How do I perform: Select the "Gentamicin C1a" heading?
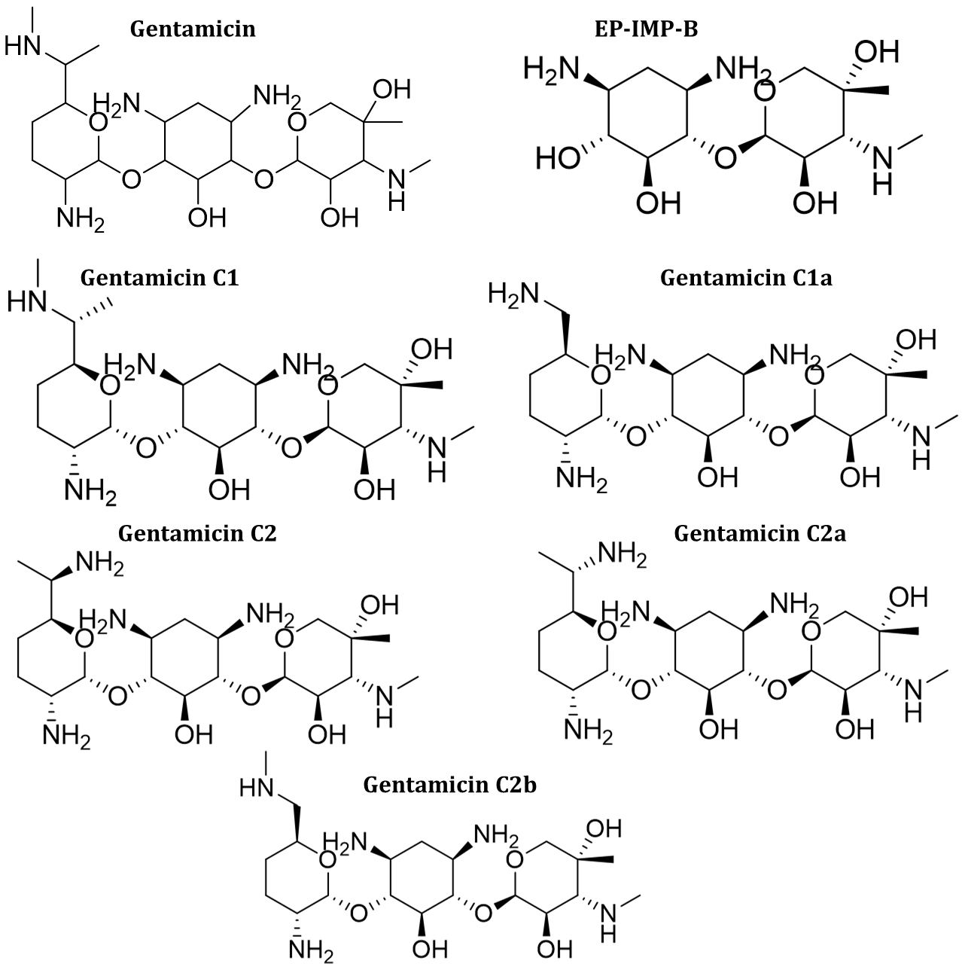point(745,278)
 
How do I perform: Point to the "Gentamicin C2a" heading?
point(760,534)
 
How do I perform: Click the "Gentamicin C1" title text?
point(159,278)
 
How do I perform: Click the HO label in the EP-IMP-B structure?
point(558,158)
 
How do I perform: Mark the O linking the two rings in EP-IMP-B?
point(726,158)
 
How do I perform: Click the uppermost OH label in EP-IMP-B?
point(877,53)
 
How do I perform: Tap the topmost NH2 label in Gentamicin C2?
point(98,563)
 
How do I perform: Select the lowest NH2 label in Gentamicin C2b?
point(311,950)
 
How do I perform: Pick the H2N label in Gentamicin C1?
point(129,365)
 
